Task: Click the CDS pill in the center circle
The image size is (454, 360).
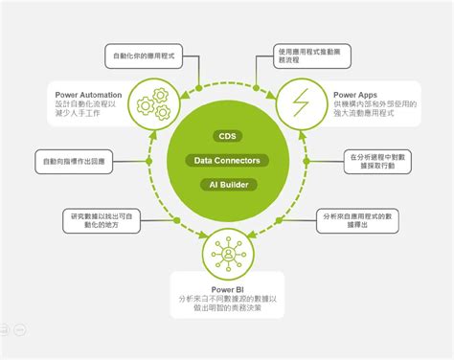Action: pyautogui.click(x=226, y=137)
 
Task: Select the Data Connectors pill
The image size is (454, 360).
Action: pyautogui.click(x=226, y=160)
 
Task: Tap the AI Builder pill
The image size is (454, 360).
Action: pyautogui.click(x=226, y=183)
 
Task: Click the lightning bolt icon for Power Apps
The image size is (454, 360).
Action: pyautogui.click(x=304, y=102)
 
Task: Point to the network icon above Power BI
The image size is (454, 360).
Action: pyautogui.click(x=227, y=256)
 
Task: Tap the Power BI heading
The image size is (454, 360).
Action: pyautogui.click(x=226, y=288)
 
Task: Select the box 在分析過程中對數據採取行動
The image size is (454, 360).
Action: pyautogui.click(x=379, y=160)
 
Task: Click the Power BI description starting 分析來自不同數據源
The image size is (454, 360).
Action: pyautogui.click(x=226, y=304)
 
